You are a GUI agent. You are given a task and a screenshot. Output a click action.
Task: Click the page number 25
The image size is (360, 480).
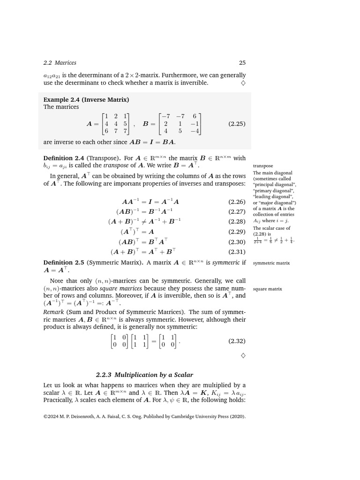pos(242,63)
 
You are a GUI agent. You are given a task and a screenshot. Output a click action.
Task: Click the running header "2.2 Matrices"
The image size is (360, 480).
pos(60,63)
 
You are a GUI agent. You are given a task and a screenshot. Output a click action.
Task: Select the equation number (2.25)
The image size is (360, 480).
pos(237,124)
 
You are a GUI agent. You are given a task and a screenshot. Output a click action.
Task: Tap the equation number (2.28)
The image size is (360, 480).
pos(237,221)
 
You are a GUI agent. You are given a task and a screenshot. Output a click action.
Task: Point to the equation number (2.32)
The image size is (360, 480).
pos(237,341)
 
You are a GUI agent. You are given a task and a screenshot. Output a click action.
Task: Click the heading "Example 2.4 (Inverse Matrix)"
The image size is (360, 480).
pos(86,99)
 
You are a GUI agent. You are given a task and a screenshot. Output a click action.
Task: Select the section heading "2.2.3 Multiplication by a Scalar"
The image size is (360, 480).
pos(144,375)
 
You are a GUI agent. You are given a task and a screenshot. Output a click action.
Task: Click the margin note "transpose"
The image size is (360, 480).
pos(262,166)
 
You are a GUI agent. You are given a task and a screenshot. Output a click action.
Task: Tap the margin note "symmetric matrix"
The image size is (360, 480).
pos(271,263)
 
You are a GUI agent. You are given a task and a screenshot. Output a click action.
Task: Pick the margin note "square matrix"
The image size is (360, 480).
pos(267,289)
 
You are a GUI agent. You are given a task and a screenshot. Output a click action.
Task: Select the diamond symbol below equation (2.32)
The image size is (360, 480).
pos(243,355)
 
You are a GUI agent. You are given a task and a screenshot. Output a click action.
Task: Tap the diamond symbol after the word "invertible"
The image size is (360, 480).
pos(243,83)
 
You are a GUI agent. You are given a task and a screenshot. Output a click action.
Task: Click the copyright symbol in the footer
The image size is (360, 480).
pos(46,416)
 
